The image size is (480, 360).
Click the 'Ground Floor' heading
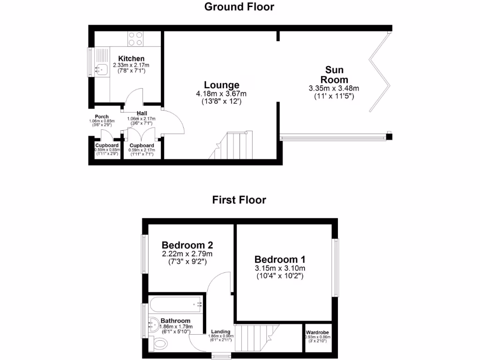point(240,7)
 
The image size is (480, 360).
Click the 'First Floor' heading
point(240,200)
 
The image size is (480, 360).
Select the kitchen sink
point(101,70)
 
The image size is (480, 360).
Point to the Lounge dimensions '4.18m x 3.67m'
point(221,94)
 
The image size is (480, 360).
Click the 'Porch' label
point(102,117)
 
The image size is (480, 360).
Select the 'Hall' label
point(142,113)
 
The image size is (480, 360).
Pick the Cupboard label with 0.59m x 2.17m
point(142,145)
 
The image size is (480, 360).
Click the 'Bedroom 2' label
point(187,245)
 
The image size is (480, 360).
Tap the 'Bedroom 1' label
point(280,259)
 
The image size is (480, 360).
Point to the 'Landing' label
point(220,331)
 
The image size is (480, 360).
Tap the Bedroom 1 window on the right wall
point(336,268)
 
